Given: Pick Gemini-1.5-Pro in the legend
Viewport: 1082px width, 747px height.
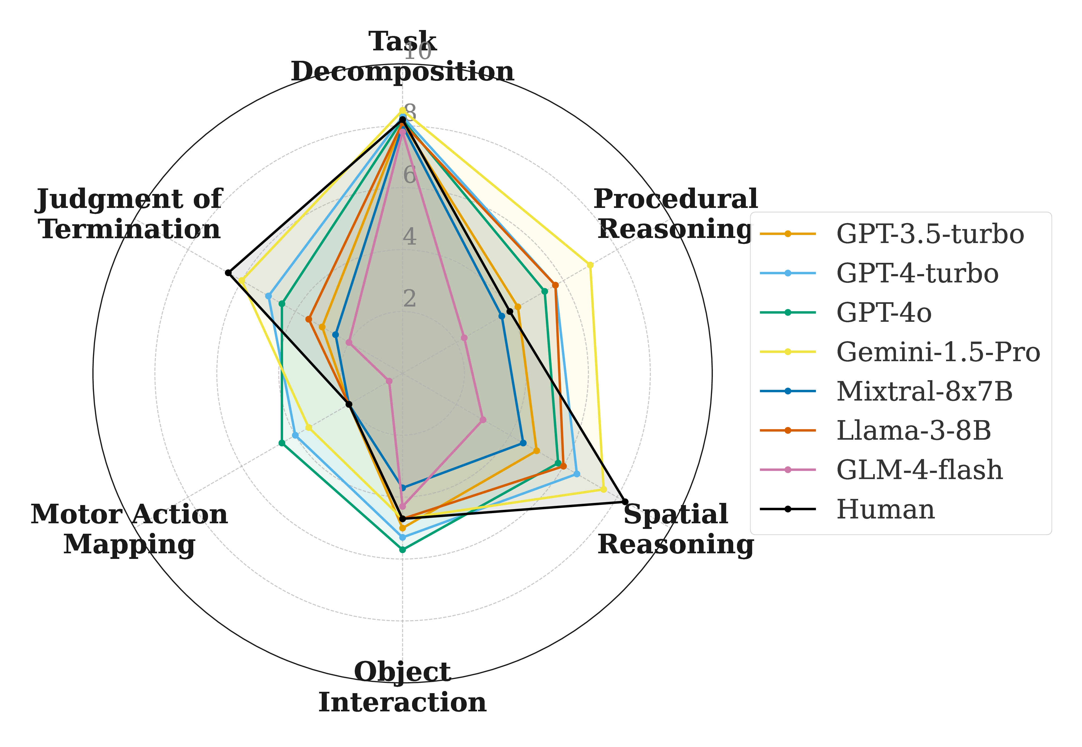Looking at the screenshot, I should [x=938, y=352].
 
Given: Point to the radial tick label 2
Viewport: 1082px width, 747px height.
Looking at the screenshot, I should [x=409, y=299].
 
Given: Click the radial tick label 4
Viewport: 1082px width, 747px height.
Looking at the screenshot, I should [x=409, y=237].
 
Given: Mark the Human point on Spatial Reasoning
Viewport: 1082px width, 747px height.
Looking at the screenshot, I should [x=625, y=502].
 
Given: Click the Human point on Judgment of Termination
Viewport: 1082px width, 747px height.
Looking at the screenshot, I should [x=228, y=273].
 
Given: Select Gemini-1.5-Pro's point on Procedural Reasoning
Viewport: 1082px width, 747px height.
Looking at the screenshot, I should [x=590, y=265].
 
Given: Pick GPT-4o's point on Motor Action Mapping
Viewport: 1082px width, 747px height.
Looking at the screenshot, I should [x=282, y=443].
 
